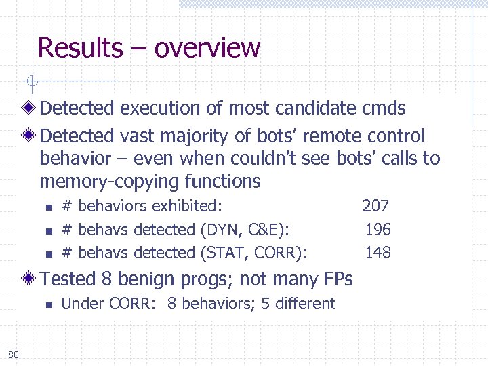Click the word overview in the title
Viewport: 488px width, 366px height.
(207, 48)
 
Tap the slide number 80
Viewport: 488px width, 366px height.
(14, 354)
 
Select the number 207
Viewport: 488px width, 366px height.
(375, 205)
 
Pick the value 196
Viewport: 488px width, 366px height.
(378, 229)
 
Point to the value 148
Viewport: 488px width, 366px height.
(378, 253)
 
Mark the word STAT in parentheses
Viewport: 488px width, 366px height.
(223, 253)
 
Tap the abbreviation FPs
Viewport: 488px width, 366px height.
(337, 279)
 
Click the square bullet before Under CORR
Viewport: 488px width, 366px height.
(47, 304)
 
